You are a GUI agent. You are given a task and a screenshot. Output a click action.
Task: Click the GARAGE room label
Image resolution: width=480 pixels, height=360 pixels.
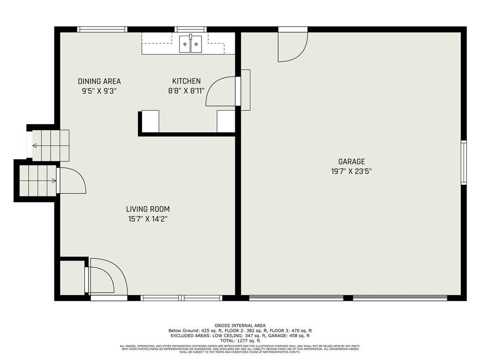click(x=352, y=162)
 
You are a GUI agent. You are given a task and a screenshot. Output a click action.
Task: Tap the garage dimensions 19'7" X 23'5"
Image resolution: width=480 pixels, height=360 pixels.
click(x=352, y=172)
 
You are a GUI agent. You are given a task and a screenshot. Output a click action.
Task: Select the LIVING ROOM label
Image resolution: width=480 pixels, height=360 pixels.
click(x=148, y=209)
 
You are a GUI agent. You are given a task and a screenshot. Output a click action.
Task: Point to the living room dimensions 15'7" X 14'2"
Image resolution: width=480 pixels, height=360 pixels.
click(x=148, y=218)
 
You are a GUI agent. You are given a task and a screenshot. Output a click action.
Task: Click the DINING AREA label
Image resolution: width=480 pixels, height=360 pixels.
click(x=99, y=82)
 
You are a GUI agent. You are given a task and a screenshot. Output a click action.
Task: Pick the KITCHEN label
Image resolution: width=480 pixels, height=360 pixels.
click(x=186, y=82)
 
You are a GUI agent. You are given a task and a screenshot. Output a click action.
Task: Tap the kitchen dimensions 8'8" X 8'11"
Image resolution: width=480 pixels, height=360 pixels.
click(x=186, y=91)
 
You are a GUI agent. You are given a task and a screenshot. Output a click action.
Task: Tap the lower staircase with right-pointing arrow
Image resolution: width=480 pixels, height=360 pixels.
click(x=37, y=180)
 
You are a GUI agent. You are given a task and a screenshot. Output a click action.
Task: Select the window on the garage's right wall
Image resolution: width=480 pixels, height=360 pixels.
click(x=464, y=162)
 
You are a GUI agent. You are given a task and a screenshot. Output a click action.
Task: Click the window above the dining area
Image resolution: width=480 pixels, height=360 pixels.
click(x=102, y=29)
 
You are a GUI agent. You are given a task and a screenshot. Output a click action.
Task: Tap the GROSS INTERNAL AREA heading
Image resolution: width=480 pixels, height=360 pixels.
click(x=240, y=325)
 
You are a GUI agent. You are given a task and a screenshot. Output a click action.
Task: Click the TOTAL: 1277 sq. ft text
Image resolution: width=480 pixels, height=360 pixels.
click(x=240, y=341)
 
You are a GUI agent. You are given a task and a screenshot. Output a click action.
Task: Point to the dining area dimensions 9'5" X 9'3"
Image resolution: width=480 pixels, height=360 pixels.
click(x=99, y=91)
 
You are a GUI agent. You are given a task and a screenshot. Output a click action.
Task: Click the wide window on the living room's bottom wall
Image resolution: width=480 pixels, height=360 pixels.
click(x=181, y=298)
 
